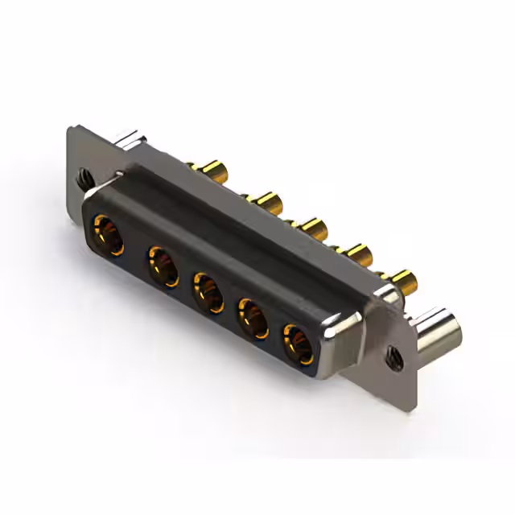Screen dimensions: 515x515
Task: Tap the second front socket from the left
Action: tap(163, 265)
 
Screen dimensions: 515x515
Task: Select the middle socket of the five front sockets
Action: tap(208, 291)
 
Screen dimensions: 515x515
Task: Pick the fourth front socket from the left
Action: tap(253, 318)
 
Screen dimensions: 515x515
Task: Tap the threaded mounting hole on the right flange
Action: tap(393, 352)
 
